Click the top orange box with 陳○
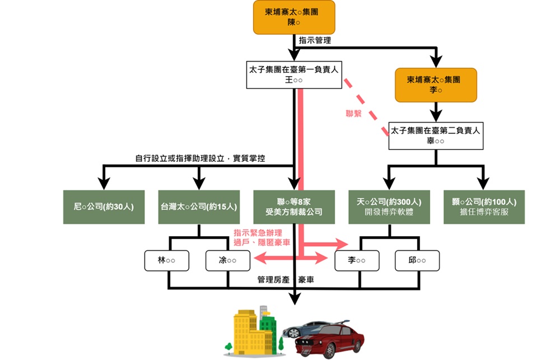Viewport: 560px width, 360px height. (x=295, y=17)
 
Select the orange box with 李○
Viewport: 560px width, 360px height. (x=436, y=85)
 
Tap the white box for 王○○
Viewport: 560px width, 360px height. (x=294, y=75)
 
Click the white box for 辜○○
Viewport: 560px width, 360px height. (x=436, y=136)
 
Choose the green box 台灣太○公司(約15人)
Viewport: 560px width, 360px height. (x=199, y=207)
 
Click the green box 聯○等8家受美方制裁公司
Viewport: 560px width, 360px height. (x=294, y=207)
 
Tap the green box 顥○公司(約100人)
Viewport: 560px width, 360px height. (x=484, y=207)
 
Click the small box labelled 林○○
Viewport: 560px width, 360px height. (x=167, y=260)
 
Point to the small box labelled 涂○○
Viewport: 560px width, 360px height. (x=227, y=260)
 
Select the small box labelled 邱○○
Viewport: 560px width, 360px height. (x=417, y=260)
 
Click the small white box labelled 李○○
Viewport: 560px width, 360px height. (x=357, y=260)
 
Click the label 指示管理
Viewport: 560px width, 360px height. (x=315, y=40)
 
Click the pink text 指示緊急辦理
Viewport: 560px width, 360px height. (x=258, y=232)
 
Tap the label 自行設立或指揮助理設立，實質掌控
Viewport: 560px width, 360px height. (x=200, y=158)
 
